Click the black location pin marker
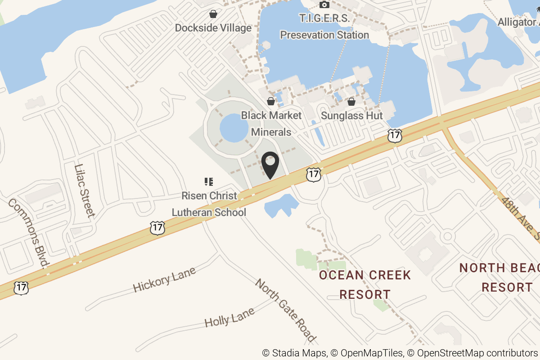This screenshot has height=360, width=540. click(270, 165)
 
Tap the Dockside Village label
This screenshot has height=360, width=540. click(213, 28)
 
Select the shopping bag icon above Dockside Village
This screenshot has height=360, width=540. click(213, 14)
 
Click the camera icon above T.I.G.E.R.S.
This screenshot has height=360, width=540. click(324, 5)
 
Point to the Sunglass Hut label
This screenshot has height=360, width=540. click(351, 116)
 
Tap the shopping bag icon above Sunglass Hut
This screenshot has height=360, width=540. click(351, 102)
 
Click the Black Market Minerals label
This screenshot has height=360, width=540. click(271, 124)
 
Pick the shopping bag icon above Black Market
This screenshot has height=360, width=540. click(271, 101)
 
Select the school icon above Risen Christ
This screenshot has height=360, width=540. click(208, 182)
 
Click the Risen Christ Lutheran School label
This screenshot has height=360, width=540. click(209, 204)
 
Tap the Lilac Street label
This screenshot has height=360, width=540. click(84, 191)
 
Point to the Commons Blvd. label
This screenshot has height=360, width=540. click(28, 233)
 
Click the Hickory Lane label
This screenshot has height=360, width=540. click(164, 279)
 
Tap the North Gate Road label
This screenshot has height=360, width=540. click(285, 310)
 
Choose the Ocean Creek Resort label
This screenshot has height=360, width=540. click(365, 285)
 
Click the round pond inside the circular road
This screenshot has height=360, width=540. click(234, 127)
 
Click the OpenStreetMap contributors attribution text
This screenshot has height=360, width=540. click(478, 353)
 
